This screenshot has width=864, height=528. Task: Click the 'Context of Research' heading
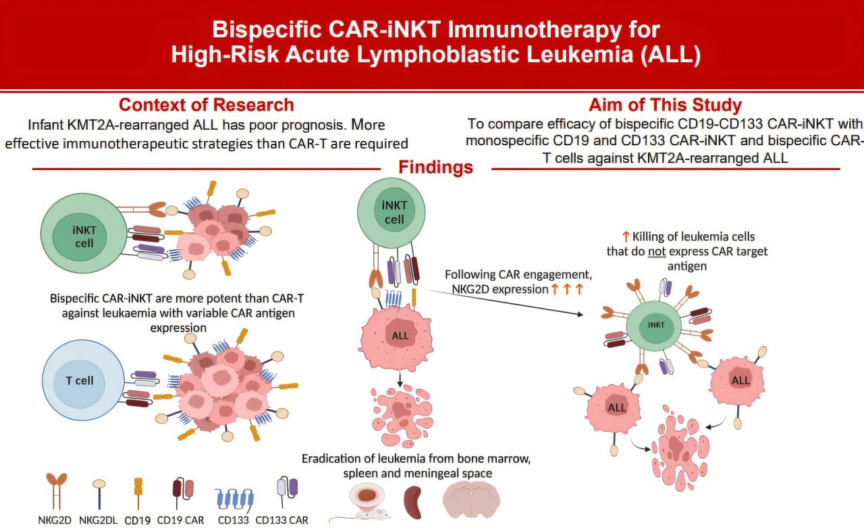206,105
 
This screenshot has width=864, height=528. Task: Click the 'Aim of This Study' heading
665,105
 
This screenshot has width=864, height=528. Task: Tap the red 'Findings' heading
435,167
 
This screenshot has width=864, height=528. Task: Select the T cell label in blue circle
80,381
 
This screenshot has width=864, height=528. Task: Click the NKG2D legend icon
57,490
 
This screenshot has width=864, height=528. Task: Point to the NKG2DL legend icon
99,493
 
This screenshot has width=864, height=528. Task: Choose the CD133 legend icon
234,497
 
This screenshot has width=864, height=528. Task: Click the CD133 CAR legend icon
288,492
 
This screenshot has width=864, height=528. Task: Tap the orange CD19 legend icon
138,493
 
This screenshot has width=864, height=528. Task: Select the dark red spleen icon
413,502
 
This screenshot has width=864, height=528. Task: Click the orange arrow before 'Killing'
625,236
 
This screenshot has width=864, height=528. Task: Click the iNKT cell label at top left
84,236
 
